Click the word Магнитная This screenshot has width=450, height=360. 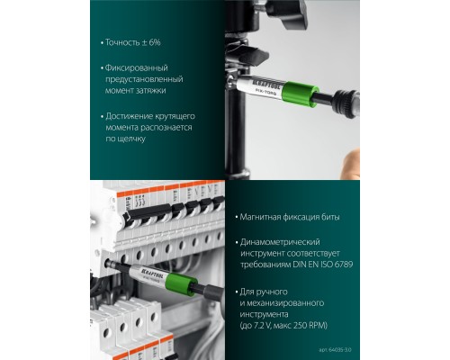click(x=263, y=219)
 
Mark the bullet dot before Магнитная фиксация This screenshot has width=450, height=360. click(x=236, y=219)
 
